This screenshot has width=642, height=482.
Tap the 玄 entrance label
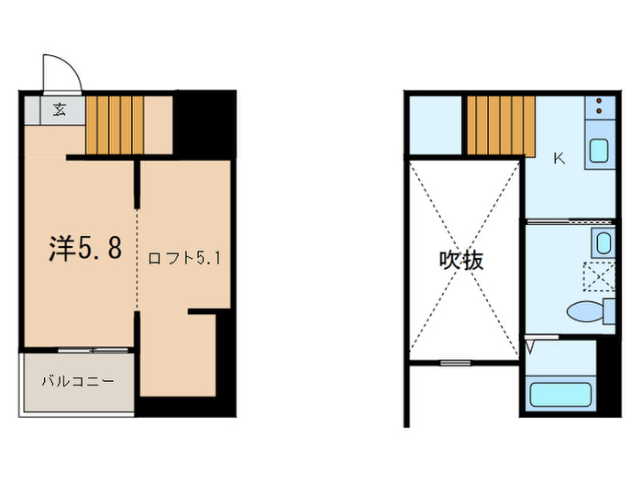[59, 109]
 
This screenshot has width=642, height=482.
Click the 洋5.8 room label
[84, 249]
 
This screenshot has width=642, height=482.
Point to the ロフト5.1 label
[185, 258]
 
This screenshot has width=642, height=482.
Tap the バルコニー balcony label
[76, 379]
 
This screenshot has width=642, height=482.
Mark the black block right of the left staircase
[202, 124]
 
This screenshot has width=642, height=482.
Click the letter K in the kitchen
[559, 158]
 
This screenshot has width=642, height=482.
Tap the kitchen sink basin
[599, 149]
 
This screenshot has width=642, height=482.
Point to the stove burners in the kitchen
[599, 107]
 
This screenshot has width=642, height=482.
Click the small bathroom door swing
[533, 350]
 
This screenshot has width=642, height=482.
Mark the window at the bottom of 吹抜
[453, 363]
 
